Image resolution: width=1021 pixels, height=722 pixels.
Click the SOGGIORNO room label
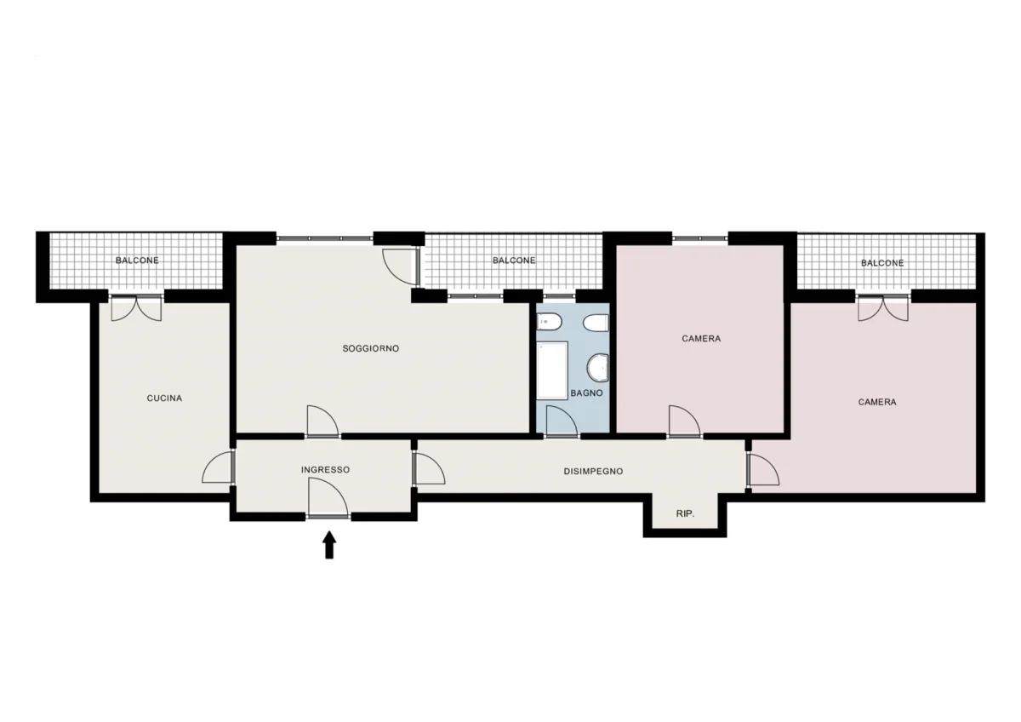[x=371, y=348]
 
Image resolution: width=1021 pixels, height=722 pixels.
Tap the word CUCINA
[x=164, y=398]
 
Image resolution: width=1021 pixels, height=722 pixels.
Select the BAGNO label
[x=586, y=393]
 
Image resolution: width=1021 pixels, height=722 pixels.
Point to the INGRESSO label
[x=325, y=469]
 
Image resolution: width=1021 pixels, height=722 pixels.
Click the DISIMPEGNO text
[x=593, y=471]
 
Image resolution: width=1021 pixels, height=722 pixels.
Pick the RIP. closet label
[x=685, y=513]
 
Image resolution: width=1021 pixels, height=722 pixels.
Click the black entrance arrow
[x=329, y=545]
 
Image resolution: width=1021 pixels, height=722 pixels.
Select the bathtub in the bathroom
[x=552, y=370]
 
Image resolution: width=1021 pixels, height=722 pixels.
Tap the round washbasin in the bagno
[x=597, y=369]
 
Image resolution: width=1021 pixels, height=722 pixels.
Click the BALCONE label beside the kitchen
[x=137, y=261]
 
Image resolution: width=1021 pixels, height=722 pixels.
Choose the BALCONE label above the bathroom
[x=514, y=261]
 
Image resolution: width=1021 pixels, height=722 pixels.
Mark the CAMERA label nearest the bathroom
[x=701, y=338]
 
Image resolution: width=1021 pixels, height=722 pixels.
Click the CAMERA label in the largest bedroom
[x=877, y=402]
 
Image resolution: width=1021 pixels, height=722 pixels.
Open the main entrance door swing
[x=328, y=497]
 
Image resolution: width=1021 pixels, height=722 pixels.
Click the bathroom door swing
[x=562, y=421]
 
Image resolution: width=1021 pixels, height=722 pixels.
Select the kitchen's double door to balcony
[x=136, y=308]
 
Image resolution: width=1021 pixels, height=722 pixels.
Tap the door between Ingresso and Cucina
[x=219, y=467]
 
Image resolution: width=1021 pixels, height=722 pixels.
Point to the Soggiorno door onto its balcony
[x=401, y=266]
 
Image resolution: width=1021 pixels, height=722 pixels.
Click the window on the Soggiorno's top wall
[x=324, y=238]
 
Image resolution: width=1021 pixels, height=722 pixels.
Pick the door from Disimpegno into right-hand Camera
[x=763, y=468]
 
